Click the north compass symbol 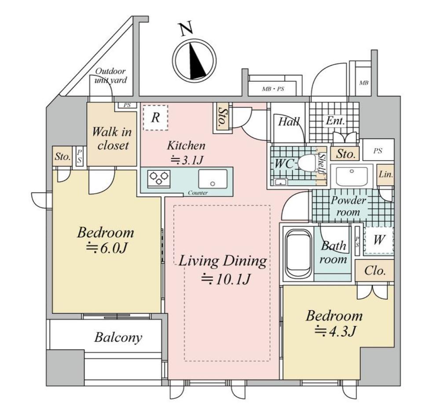(x=194, y=59)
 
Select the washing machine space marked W (x=379, y=240)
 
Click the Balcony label (x=118, y=337)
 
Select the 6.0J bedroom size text (x=106, y=249)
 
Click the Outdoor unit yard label (x=110, y=76)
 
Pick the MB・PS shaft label (x=273, y=89)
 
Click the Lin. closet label (x=386, y=174)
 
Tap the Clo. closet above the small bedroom (x=375, y=271)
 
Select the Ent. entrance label (x=336, y=121)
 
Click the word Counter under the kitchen (x=198, y=193)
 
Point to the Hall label (x=289, y=122)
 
